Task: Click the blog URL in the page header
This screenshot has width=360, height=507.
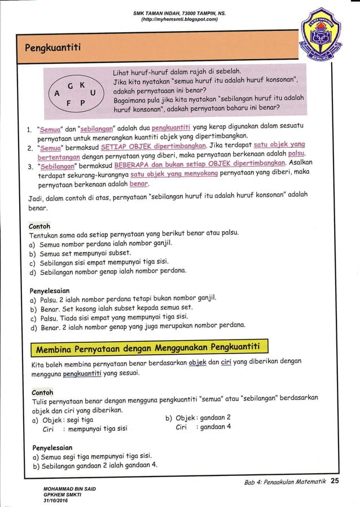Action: click(179, 19)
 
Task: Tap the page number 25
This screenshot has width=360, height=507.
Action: click(335, 481)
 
